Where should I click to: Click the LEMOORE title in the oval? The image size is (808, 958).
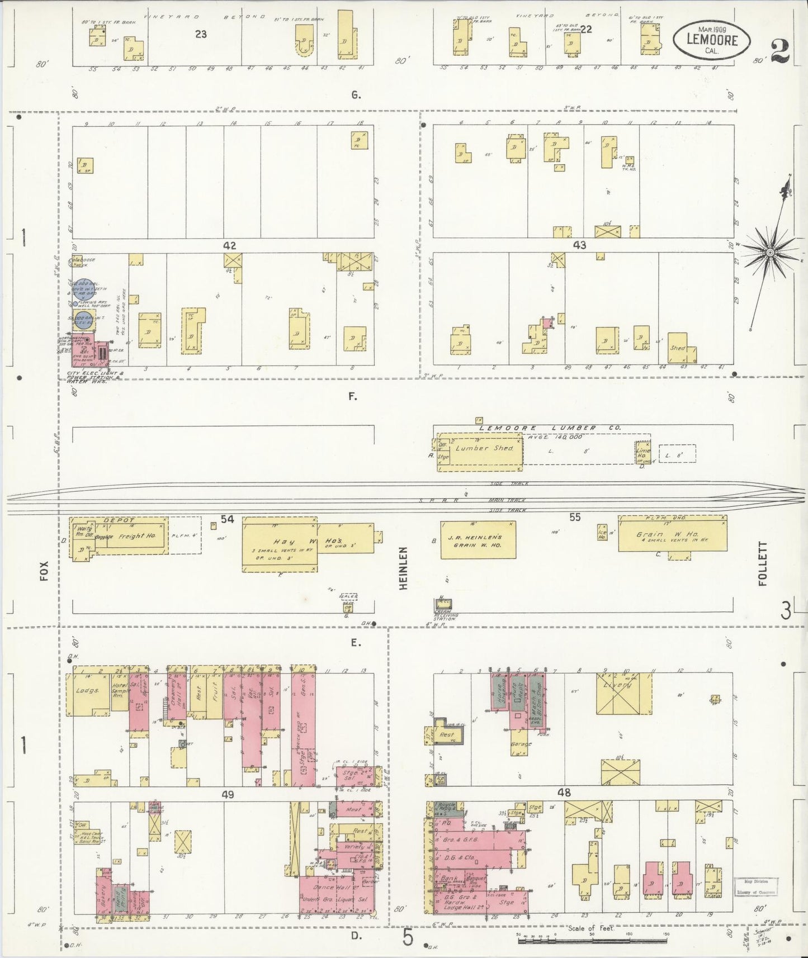[712, 40]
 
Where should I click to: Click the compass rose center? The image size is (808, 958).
[770, 253]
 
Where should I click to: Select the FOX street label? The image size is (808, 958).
[45, 571]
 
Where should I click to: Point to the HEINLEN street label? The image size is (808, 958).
[404, 567]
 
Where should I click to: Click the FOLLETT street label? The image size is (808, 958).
[763, 563]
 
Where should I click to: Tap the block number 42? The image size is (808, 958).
[229, 245]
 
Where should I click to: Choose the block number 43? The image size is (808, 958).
[579, 245]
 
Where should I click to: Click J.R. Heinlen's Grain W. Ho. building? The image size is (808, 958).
[478, 540]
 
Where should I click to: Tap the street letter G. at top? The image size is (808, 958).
[356, 95]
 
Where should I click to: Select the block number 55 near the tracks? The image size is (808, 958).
[575, 518]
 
